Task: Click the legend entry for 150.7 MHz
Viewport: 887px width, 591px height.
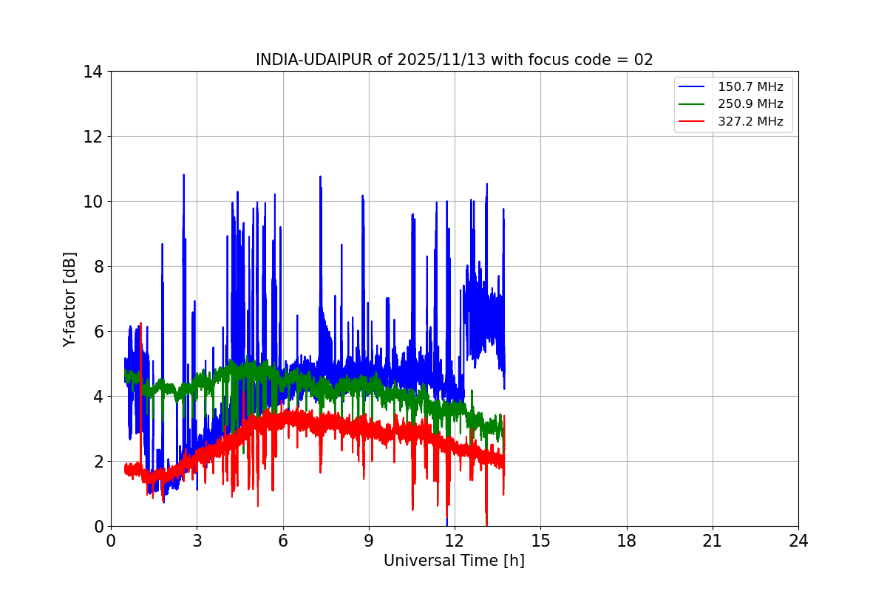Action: (x=750, y=86)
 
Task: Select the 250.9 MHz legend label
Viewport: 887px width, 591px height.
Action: (x=750, y=104)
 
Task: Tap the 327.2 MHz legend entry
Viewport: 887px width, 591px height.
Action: (x=750, y=122)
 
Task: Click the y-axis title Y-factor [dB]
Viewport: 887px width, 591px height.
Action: (x=69, y=299)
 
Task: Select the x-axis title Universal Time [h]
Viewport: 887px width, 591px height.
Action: (x=454, y=561)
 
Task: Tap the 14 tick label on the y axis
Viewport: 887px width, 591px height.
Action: (x=92, y=72)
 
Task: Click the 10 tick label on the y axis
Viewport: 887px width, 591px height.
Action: (x=92, y=202)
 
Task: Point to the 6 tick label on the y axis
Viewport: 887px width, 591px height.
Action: (x=97, y=332)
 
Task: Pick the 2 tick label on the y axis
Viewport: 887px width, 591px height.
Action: (x=97, y=462)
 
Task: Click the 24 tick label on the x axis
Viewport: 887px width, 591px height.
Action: (x=798, y=541)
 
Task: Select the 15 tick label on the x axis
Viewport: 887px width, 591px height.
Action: (x=540, y=541)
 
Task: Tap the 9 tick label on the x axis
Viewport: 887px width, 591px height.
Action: (x=369, y=541)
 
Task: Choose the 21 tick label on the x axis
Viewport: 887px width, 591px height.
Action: (x=713, y=541)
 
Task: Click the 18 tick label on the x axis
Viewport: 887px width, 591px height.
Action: (x=627, y=541)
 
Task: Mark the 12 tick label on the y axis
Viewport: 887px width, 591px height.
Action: (x=92, y=137)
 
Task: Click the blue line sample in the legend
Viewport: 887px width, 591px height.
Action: (x=692, y=86)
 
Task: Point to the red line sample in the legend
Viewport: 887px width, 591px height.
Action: (x=692, y=122)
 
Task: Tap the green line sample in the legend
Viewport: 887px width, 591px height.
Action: (x=692, y=104)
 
